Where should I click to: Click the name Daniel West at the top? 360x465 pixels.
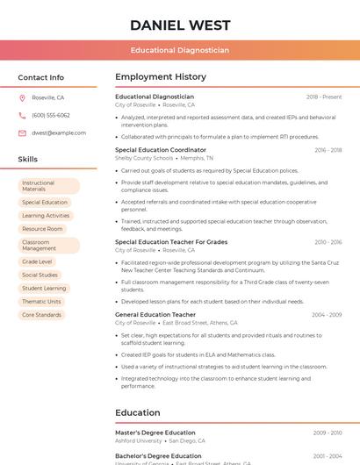pos(180,25)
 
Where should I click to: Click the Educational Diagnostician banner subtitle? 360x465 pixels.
pos(180,50)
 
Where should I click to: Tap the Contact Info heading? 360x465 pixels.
pos(41,77)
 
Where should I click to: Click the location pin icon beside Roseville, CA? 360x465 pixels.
pos(22,97)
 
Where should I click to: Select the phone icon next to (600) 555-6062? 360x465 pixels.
pos(22,115)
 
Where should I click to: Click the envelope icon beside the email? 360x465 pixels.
pos(22,132)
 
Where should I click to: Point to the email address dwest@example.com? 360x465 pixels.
pos(59,132)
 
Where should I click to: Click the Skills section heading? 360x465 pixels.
pos(28,160)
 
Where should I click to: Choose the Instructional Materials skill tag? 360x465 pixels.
pos(48,186)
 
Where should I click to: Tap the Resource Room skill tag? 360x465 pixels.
pos(42,229)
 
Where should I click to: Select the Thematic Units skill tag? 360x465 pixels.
pos(42,301)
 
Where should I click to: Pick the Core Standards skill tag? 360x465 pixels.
pos(41,314)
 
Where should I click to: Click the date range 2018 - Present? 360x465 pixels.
pos(324,97)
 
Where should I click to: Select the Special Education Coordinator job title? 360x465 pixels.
pos(161,150)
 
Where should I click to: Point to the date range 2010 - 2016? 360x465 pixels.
pos(328,241)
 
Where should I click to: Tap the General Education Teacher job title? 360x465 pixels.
pos(155,314)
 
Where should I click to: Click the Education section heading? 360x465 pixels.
pos(137,411)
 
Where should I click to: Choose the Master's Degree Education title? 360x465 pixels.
pos(155,433)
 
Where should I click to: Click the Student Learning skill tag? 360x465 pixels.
pos(44,288)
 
